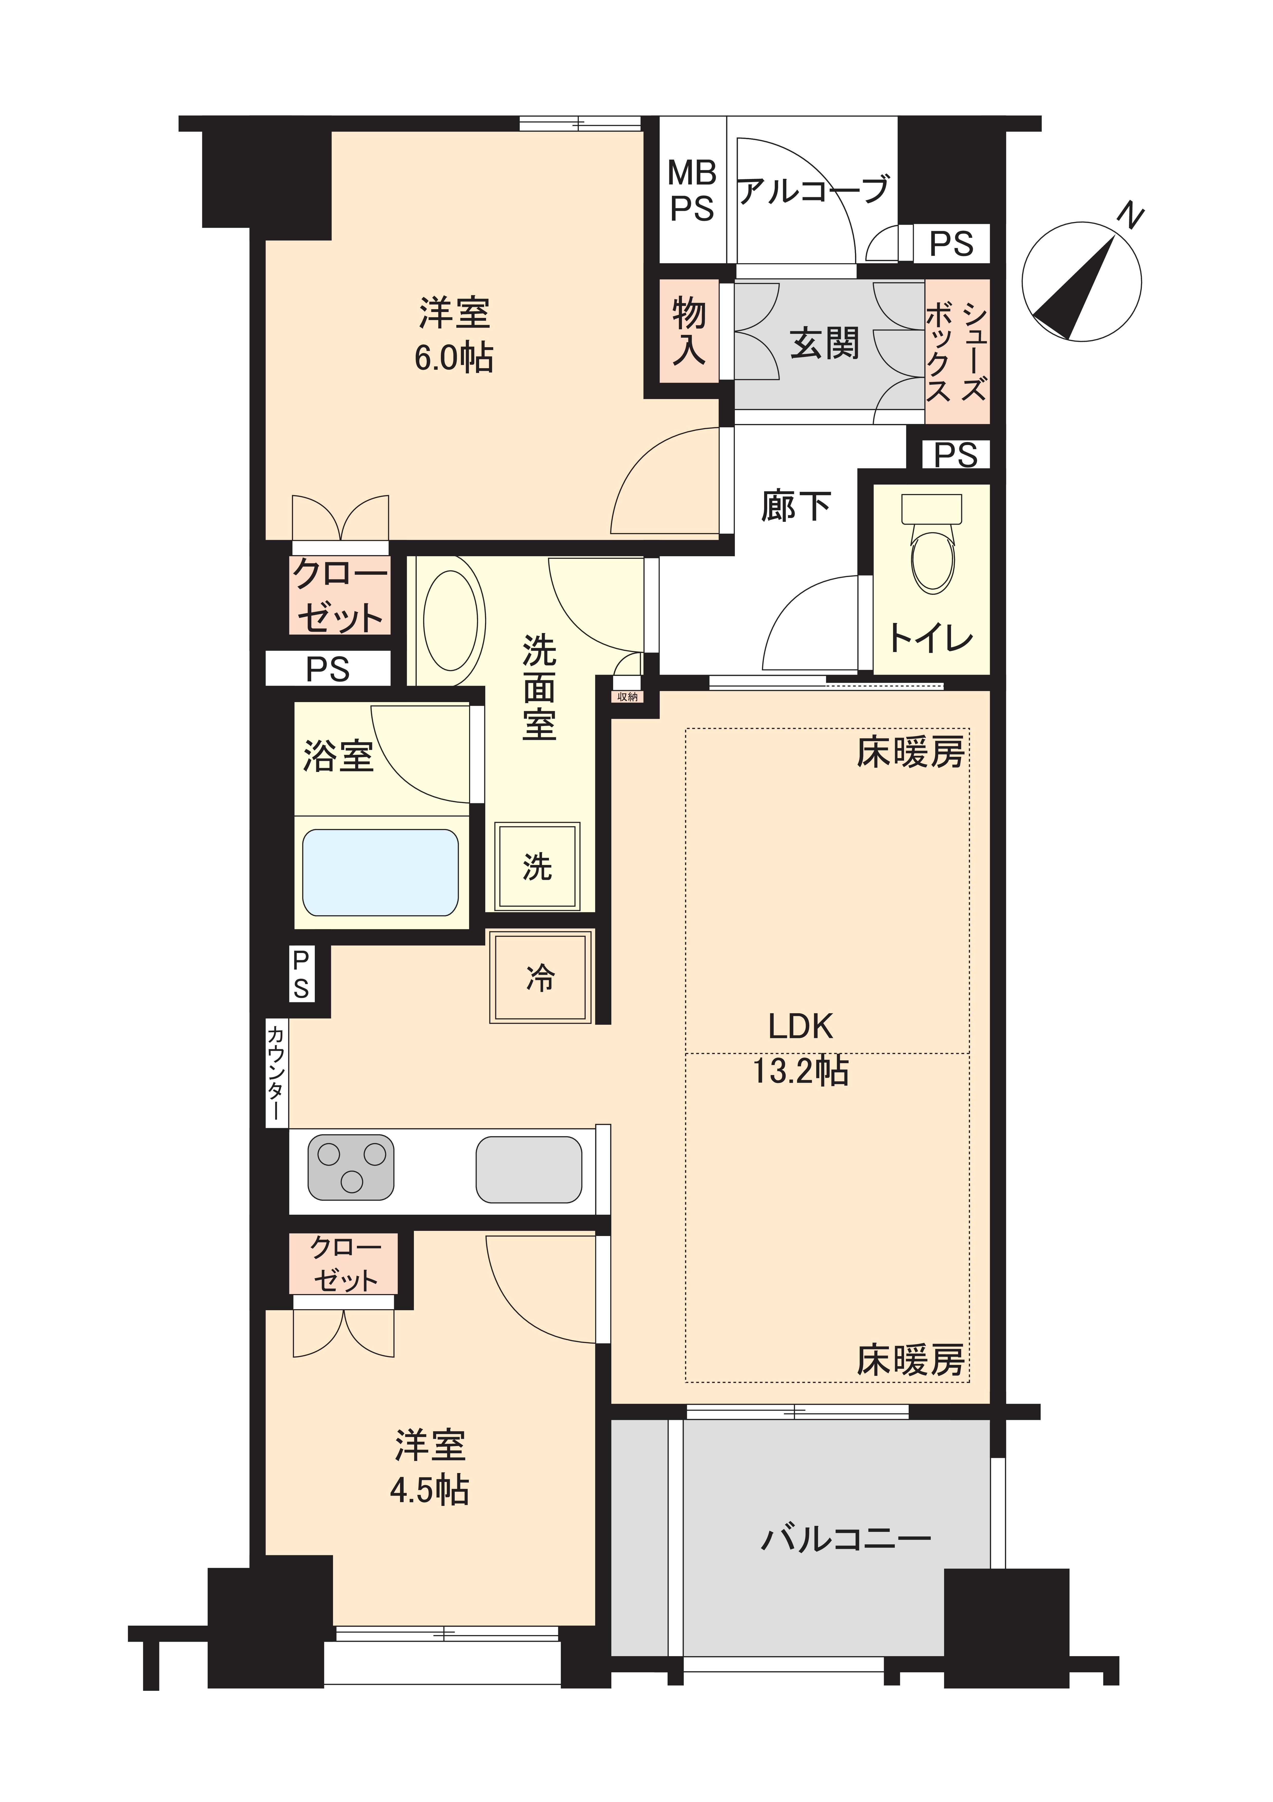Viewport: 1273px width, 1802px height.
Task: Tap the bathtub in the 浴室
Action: tap(381, 873)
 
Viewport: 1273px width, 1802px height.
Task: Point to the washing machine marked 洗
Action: tap(538, 866)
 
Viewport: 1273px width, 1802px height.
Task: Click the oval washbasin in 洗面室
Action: tap(451, 620)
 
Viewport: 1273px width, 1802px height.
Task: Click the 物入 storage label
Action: tap(689, 332)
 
